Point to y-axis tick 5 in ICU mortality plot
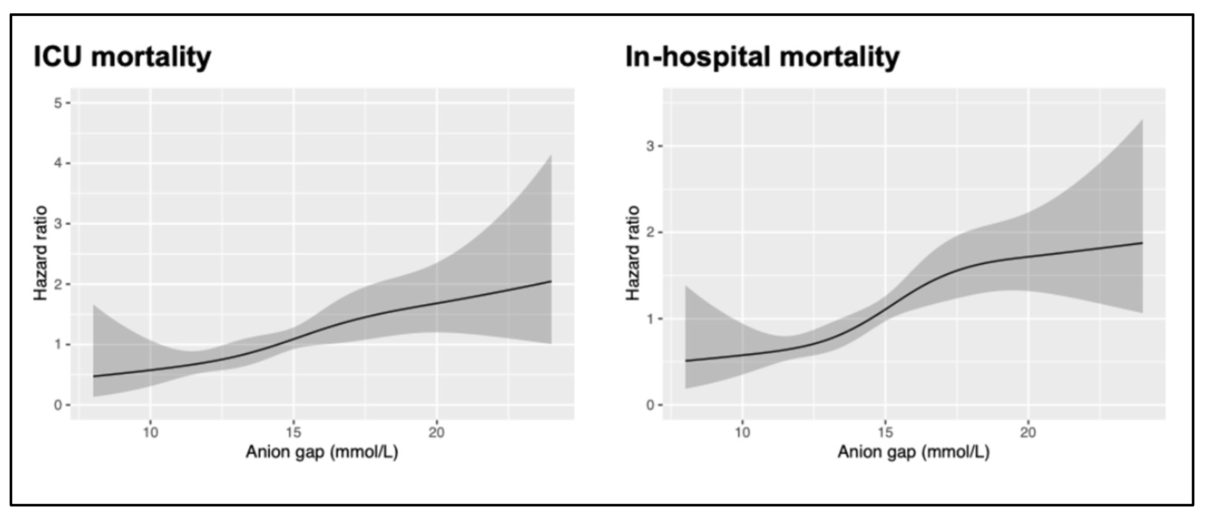coord(58,103)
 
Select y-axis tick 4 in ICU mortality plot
coord(58,163)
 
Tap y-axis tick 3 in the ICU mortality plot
coord(58,224)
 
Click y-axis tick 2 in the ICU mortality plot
coord(58,284)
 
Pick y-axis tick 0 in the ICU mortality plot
coord(58,405)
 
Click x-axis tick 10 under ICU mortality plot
coord(150,432)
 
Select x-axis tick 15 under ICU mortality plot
coord(293,432)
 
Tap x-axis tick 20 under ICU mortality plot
coord(436,432)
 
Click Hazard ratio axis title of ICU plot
coord(41,253)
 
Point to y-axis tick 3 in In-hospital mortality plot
coord(650,146)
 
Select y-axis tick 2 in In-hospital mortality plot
coord(650,232)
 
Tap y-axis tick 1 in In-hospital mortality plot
coord(650,319)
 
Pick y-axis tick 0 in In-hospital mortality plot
coord(650,405)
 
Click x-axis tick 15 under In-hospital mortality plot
coord(885,432)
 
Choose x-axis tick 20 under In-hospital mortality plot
coord(1028,432)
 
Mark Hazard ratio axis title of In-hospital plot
coord(633,253)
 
